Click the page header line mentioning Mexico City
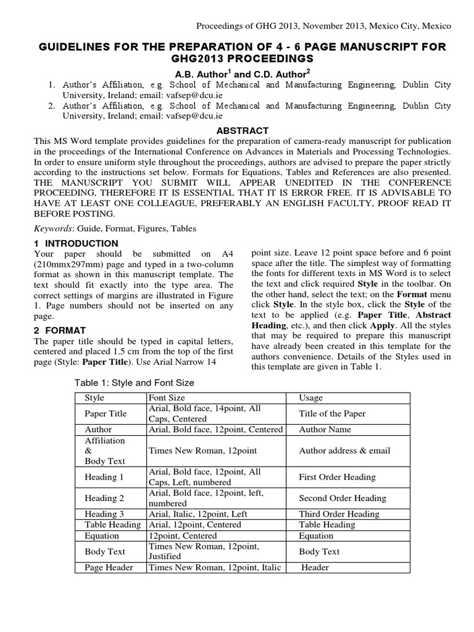pyautogui.click(x=323, y=26)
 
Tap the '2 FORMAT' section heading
pyautogui.click(x=60, y=330)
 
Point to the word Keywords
pyautogui.click(x=52, y=228)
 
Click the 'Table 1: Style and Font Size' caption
pyautogui.click(x=135, y=383)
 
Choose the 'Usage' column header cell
pyautogui.click(x=310, y=398)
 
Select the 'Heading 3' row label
pyautogui.click(x=104, y=514)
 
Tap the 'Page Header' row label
pyautogui.click(x=109, y=567)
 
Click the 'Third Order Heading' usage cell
pyautogui.click(x=339, y=514)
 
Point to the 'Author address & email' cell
pyautogui.click(x=344, y=451)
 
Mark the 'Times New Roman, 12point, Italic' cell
pyautogui.click(x=215, y=567)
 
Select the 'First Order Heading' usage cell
pyautogui.click(x=337, y=476)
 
